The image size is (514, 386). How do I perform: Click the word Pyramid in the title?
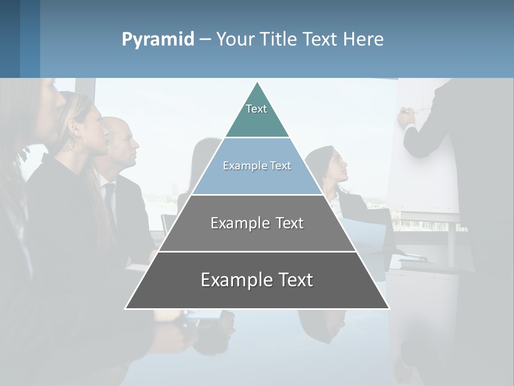[157, 40]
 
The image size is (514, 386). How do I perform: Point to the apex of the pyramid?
[258, 83]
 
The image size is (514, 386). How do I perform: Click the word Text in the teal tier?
[256, 109]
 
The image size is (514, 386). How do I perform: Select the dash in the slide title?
[205, 40]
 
